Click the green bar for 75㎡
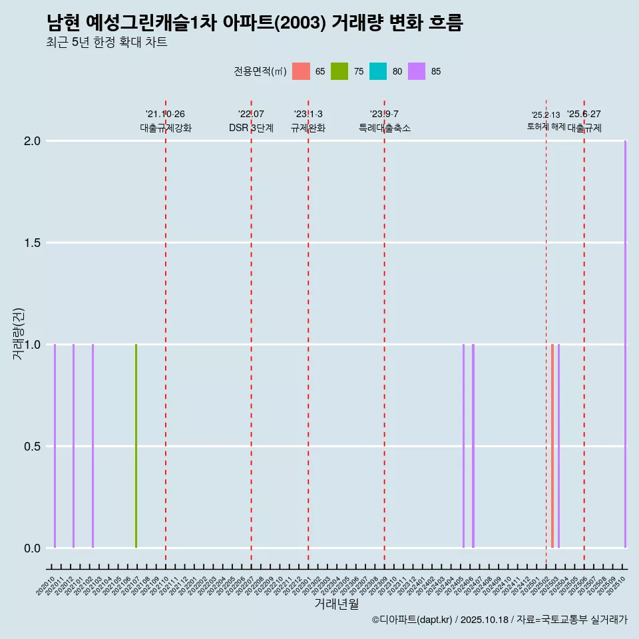(136, 446)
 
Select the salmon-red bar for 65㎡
(552, 446)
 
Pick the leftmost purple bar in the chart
(55, 446)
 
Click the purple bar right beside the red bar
(558, 446)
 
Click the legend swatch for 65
(302, 71)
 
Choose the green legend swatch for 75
(339, 71)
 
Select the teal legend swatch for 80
(378, 71)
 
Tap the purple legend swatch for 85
(417, 71)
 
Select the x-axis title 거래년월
(336, 604)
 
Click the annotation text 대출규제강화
(166, 128)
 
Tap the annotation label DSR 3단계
(251, 128)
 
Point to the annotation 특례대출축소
(385, 128)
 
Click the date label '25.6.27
(584, 114)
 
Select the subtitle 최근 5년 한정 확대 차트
(106, 43)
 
